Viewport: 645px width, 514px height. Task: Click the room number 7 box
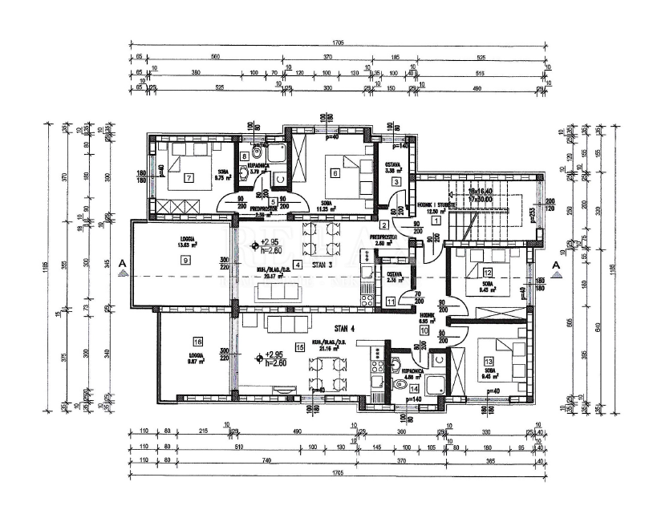189,177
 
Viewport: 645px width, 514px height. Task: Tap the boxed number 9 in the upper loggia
185,261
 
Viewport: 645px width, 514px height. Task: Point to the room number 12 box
488,273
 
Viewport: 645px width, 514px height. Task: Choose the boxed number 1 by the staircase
436,220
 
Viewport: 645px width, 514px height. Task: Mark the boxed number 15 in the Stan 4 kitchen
299,346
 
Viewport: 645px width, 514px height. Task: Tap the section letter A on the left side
121,263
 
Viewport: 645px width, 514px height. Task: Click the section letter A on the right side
554,263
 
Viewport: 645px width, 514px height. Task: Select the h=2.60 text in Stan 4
274,363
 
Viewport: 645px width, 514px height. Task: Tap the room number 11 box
390,302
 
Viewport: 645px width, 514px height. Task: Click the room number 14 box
402,387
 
